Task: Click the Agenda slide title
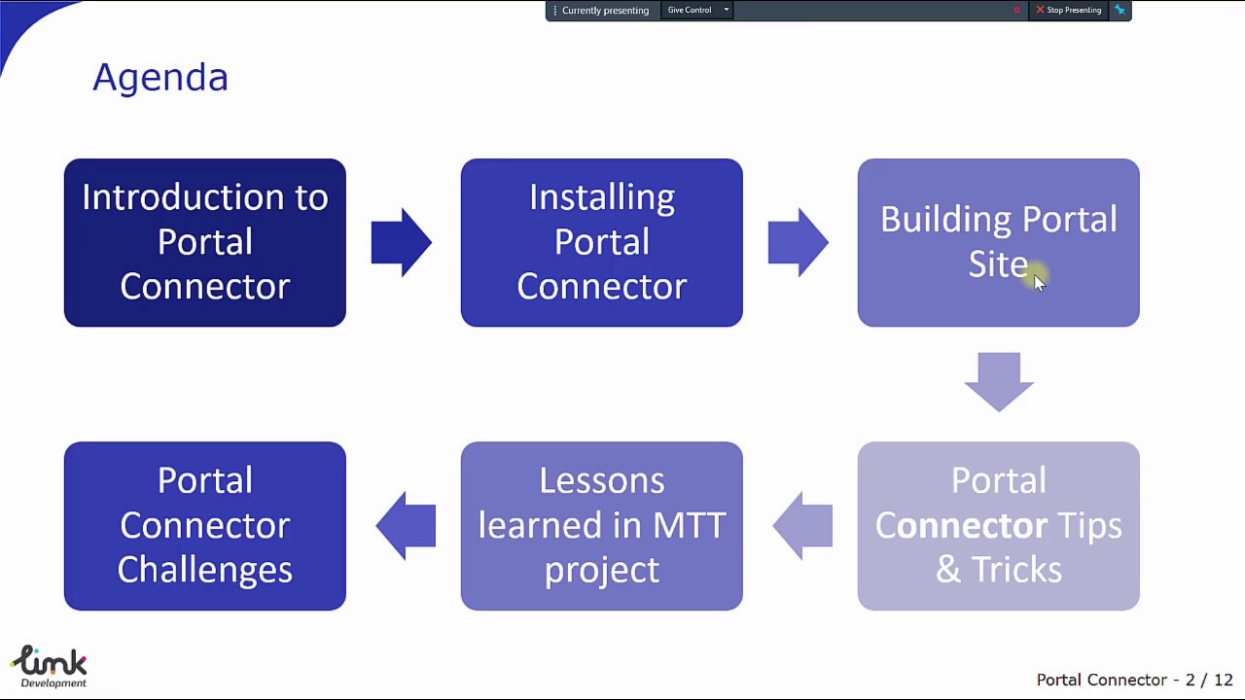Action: [x=160, y=77]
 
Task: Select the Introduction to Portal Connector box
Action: [x=204, y=242]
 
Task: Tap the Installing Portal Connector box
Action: [x=601, y=242]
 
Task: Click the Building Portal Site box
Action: [x=998, y=242]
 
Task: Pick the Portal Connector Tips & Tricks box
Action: [x=998, y=526]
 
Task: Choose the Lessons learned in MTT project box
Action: [x=601, y=526]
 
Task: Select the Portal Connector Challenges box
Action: [x=204, y=526]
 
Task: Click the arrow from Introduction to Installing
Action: [x=401, y=242]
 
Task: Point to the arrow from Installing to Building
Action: [x=798, y=242]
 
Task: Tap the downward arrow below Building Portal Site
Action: [x=998, y=381]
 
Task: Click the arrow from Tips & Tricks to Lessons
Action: [x=802, y=526]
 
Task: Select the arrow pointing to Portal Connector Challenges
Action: [x=406, y=526]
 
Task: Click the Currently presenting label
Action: [x=604, y=10]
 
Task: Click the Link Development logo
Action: [x=50, y=667]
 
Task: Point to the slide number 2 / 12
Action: [x=1209, y=680]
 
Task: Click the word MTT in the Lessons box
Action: [x=689, y=526]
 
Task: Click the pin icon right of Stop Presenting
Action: [x=1120, y=10]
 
